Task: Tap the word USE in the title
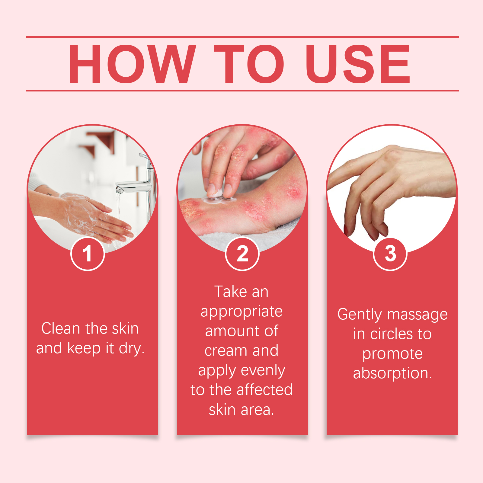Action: tap(358, 64)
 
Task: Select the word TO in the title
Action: tap(249, 64)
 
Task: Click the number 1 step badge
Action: tap(88, 254)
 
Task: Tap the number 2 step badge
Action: tap(242, 254)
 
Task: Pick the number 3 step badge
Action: tap(390, 254)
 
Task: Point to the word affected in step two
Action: tap(265, 390)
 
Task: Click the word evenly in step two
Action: tap(263, 371)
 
